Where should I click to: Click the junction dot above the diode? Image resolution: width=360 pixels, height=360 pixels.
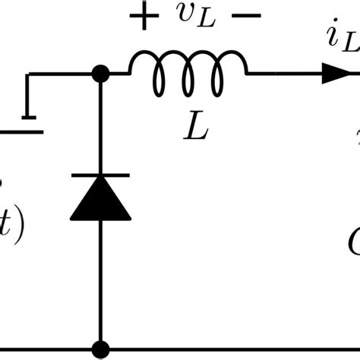click(x=99, y=74)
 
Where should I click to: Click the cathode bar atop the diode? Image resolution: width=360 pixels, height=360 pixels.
click(x=99, y=175)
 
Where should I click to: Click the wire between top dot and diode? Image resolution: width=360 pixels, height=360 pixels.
click(x=99, y=125)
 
